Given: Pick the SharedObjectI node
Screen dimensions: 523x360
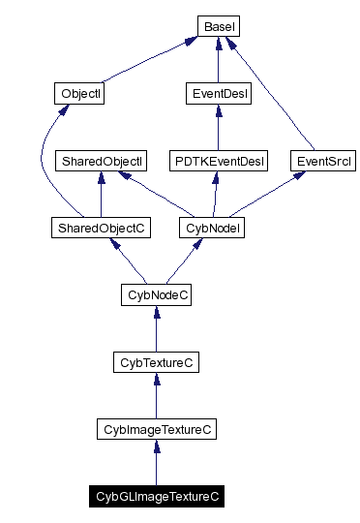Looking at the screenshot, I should click(101, 161).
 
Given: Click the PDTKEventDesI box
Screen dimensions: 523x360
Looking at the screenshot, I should click(218, 161).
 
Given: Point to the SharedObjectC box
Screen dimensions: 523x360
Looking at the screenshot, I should click(101, 228).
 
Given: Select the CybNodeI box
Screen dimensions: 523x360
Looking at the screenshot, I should click(212, 228).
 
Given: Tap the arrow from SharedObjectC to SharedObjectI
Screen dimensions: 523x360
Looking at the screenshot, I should click(101, 195).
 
